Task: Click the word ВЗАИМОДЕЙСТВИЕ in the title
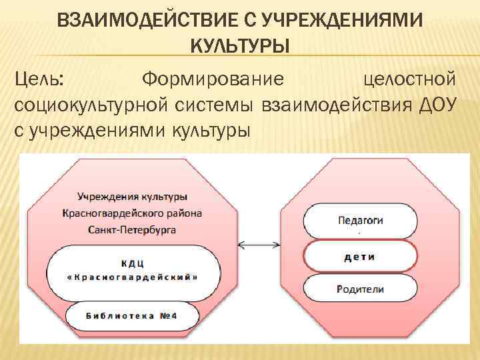pos(147,21)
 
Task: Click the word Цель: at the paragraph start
pos(39,80)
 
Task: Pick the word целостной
pos(410,80)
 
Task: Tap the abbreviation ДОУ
pos(434,105)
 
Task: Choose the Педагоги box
pos(360,220)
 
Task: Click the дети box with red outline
pos(360,255)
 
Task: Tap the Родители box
pos(360,289)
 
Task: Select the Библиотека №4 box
pos(132,315)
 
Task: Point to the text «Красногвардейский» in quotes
pos(132,276)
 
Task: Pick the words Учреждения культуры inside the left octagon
pos(132,197)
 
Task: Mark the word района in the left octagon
pos(180,213)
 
